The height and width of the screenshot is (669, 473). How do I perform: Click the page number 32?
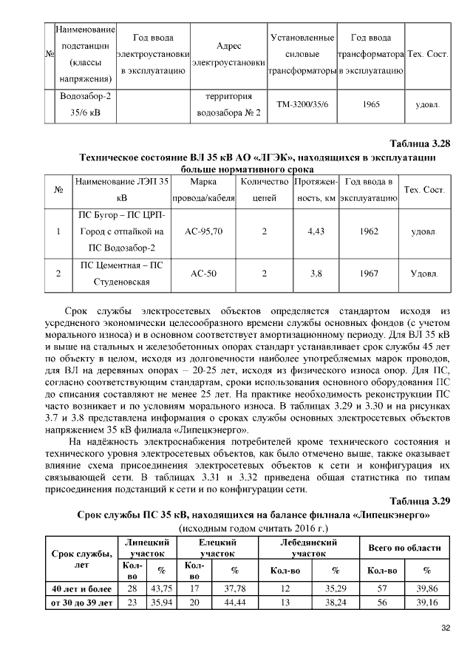pos(446,628)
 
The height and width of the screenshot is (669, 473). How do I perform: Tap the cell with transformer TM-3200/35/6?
pos(303,105)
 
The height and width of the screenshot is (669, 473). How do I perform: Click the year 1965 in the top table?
pos(371,105)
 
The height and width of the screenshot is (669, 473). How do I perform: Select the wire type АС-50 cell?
pos(203,274)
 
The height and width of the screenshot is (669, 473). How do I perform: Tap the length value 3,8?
pos(316,274)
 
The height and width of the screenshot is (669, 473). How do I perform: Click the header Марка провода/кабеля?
pos(203,190)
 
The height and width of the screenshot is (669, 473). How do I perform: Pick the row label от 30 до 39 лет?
pos(81,602)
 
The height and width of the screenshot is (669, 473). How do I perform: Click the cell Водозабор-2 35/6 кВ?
pos(86,105)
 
